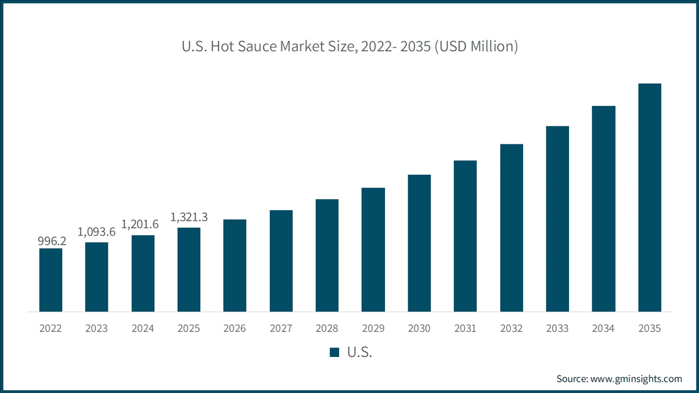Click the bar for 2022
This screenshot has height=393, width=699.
51,280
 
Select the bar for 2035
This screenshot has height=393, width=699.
649,197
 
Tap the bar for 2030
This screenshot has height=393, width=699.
419,243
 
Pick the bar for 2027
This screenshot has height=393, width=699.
281,261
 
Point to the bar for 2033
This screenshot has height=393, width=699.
557,219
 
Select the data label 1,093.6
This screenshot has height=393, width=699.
97,232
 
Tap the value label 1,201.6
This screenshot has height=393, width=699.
143,224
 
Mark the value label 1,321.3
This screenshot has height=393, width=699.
189,217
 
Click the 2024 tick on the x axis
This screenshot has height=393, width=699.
143,328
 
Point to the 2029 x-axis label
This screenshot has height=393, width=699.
373,328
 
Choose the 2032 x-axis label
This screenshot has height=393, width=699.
511,328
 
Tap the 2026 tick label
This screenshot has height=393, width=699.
235,328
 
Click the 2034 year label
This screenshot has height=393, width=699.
603,328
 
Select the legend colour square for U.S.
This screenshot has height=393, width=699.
334,352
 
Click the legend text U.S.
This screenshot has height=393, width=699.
359,352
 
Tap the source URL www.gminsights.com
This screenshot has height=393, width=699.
636,378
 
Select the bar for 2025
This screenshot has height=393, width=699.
189,270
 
